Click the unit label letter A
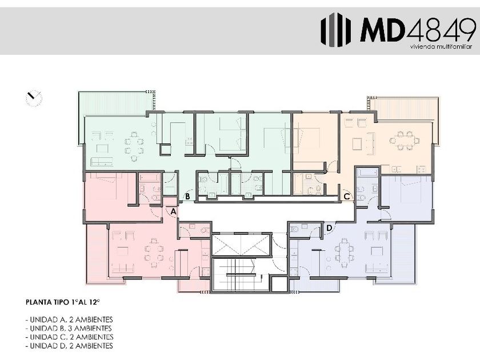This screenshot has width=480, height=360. tap(173, 211)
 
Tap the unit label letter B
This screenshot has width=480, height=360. tap(187, 196)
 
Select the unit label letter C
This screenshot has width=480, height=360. tap(346, 196)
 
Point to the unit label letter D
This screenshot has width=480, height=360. tap(329, 228)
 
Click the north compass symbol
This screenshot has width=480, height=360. tap(34, 98)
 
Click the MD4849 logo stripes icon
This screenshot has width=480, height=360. tap(336, 30)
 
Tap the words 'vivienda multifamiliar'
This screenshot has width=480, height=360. tap(441, 47)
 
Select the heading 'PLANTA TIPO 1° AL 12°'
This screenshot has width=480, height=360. tap(63, 302)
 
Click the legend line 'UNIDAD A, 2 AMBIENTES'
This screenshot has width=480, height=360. tap(70, 319)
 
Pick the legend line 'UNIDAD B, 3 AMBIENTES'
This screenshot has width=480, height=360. tap(69, 329)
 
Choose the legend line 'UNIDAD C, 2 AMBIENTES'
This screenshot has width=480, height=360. tap(70, 337)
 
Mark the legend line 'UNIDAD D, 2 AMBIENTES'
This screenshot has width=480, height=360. tap(70, 346)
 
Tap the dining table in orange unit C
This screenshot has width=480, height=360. tap(405, 140)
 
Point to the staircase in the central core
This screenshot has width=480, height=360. tap(241, 274)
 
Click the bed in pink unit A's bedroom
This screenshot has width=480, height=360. tap(109, 187)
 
